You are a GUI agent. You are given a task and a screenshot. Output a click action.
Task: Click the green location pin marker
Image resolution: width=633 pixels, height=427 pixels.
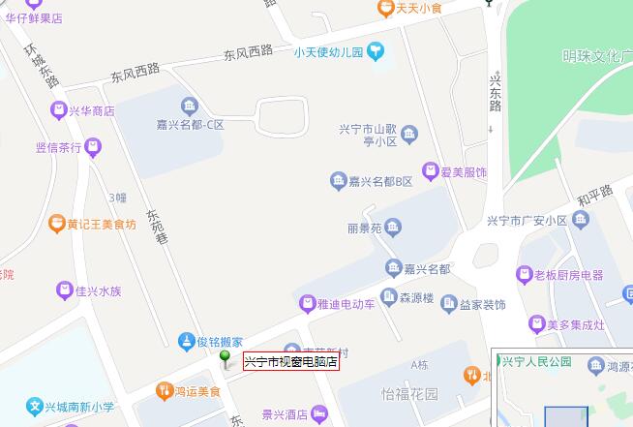(226, 360)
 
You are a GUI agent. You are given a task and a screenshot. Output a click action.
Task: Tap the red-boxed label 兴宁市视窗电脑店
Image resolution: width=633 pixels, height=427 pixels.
(290, 362)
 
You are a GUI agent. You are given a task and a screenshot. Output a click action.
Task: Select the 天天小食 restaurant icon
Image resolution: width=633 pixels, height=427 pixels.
(385, 9)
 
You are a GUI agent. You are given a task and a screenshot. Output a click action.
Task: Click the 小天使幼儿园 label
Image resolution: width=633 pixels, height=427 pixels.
(328, 52)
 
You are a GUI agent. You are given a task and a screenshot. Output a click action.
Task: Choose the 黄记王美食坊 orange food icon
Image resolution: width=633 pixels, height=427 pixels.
(56, 224)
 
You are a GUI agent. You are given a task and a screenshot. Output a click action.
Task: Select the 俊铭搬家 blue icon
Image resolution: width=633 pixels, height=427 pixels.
(186, 341)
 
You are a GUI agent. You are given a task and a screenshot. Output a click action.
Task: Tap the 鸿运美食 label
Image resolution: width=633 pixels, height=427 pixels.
(197, 391)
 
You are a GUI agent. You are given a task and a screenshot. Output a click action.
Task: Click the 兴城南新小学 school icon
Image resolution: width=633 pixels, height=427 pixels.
(36, 408)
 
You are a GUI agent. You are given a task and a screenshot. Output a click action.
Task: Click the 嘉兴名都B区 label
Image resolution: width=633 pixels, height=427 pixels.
(380, 181)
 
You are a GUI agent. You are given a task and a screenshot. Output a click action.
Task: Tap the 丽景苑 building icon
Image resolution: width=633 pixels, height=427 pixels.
(392, 229)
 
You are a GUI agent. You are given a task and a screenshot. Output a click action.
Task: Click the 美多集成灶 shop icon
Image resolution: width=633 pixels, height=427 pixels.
(535, 323)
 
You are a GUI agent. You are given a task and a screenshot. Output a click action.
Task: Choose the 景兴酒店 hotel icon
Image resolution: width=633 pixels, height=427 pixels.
(316, 414)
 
